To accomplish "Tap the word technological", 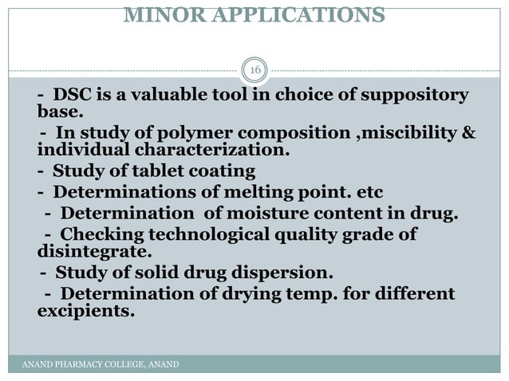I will tap(202, 235).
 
